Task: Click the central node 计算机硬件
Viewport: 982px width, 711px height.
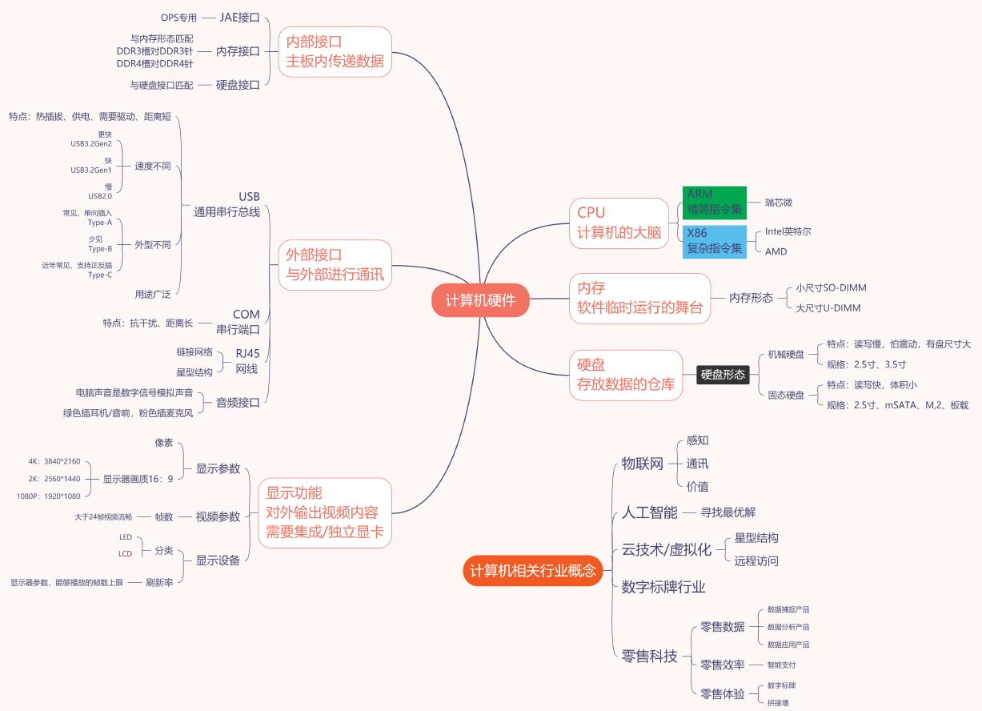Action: [x=481, y=300]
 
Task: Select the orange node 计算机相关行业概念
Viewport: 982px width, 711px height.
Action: [x=533, y=571]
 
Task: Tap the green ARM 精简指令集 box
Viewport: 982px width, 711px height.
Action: [x=715, y=203]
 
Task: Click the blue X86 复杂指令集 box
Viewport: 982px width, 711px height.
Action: [x=715, y=241]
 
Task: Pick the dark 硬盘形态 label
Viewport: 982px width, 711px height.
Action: [x=723, y=374]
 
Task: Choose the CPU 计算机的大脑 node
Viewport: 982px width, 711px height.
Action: [x=619, y=223]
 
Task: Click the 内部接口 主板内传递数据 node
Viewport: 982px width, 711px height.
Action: [x=335, y=51]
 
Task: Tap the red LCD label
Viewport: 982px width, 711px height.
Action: [x=126, y=553]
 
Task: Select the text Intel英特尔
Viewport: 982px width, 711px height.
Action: [x=788, y=231]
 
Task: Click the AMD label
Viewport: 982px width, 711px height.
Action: [x=776, y=251]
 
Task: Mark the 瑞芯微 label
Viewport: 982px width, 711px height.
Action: [x=779, y=203]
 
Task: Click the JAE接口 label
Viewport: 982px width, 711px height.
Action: [x=240, y=18]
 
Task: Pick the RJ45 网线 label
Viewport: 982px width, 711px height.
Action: [x=247, y=361]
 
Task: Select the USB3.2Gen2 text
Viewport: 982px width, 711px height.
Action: [x=91, y=143]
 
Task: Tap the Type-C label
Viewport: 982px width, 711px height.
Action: [x=100, y=275]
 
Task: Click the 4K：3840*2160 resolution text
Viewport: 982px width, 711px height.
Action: [x=54, y=461]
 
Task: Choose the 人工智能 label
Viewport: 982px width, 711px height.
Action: [x=650, y=512]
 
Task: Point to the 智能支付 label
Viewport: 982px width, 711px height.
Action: [x=781, y=665]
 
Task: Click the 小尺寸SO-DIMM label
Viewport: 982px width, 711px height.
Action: [x=831, y=287]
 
